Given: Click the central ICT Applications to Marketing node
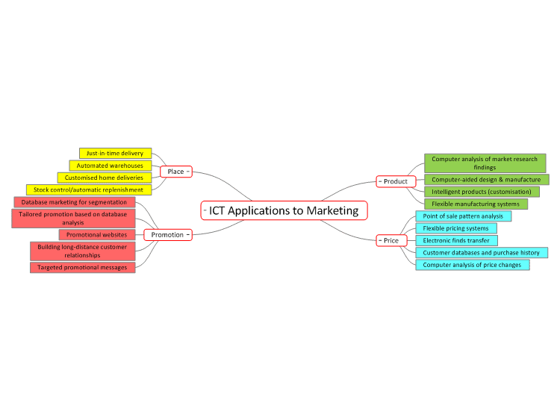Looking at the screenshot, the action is [284, 210].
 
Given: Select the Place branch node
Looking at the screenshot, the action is [176, 172].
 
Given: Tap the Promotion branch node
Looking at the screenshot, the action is [168, 235].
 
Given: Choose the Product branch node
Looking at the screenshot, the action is [396, 181].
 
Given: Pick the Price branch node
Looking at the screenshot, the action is [391, 240].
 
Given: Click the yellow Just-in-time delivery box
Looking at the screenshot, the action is [115, 154].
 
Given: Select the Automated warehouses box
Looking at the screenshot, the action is [111, 166].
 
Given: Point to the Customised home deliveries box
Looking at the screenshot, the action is [105, 178].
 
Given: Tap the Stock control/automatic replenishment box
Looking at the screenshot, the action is [89, 189].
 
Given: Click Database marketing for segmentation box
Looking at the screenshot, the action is [75, 202].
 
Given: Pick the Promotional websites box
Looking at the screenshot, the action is [97, 235].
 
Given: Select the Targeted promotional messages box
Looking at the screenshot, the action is [82, 268].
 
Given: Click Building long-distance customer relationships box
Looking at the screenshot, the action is [82, 251].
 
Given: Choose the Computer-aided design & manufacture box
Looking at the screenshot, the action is [486, 180].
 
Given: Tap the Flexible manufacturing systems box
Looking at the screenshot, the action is [476, 204].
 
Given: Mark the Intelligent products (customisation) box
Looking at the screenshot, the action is [482, 192].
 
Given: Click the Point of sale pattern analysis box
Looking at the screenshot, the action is [463, 216].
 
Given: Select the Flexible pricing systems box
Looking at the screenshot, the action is [456, 228].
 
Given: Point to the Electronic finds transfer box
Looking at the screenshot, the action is [456, 240].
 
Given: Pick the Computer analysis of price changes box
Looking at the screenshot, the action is [473, 265].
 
